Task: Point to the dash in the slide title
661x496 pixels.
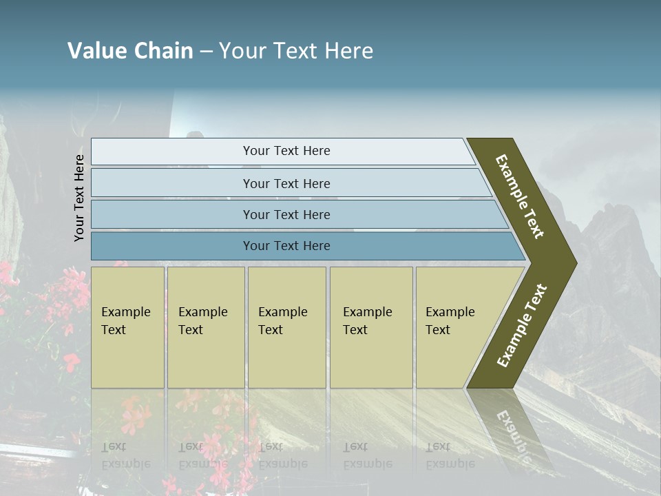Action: pyautogui.click(x=206, y=52)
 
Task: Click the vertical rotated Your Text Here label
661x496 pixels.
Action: pyautogui.click(x=79, y=198)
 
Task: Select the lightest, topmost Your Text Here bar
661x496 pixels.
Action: pyautogui.click(x=286, y=151)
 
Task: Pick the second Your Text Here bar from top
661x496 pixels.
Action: pyautogui.click(x=286, y=183)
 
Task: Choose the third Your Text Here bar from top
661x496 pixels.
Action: pyautogui.click(x=286, y=214)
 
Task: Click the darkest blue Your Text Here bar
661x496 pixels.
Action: pyautogui.click(x=286, y=246)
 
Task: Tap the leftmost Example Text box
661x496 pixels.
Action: pyautogui.click(x=127, y=327)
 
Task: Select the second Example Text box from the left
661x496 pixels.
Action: pyautogui.click(x=205, y=327)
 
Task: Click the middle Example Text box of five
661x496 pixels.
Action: pyautogui.click(x=286, y=327)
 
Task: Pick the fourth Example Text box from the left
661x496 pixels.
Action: pyautogui.click(x=370, y=327)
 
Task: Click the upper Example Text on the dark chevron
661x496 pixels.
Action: pyautogui.click(x=520, y=196)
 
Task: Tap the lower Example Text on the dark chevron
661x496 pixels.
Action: pyautogui.click(x=522, y=326)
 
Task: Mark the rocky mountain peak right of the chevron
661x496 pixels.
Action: pyautogui.click(x=606, y=227)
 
